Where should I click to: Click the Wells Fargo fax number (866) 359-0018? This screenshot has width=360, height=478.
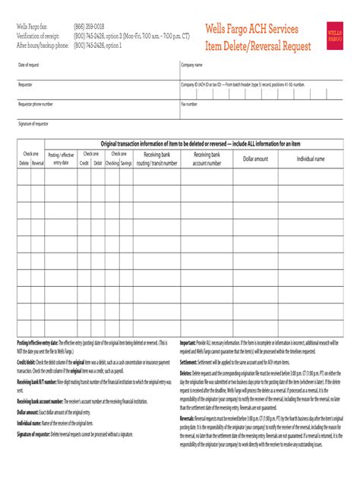[90, 27]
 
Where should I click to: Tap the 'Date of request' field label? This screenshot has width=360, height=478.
[30, 65]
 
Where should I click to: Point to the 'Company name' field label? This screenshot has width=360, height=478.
[191, 65]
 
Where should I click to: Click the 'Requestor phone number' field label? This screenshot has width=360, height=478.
[36, 103]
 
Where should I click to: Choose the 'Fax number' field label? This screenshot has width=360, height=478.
[189, 103]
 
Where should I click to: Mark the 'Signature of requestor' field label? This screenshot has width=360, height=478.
[33, 122]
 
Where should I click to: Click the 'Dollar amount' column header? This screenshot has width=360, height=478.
[255, 159]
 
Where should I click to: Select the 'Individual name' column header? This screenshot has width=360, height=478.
[311, 159]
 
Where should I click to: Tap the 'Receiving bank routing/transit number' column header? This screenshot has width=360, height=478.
[156, 158]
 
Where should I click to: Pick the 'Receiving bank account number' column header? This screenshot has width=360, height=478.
[207, 158]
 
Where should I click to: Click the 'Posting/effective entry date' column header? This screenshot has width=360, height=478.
[61, 158]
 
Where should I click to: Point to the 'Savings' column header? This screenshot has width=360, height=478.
[125, 162]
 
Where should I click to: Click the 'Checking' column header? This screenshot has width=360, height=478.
[112, 162]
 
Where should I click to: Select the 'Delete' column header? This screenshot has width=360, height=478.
[24, 162]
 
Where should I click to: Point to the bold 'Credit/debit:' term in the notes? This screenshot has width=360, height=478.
[27, 363]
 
